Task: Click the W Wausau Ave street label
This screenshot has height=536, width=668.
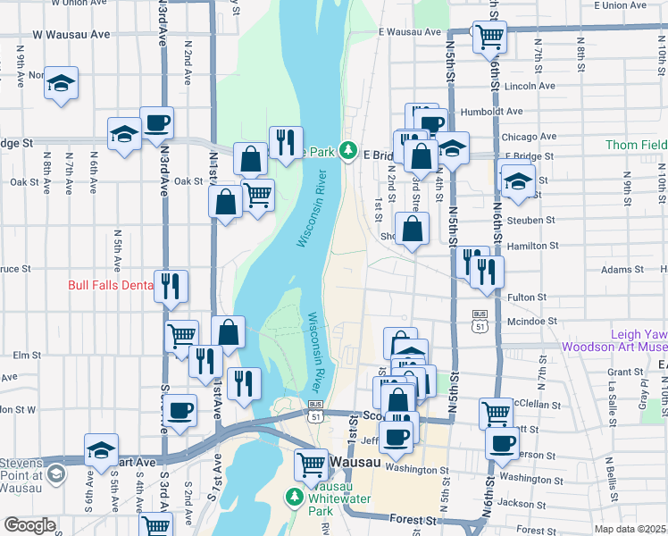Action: pyautogui.click(x=71, y=34)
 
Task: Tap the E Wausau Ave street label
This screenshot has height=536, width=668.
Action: pyautogui.click(x=409, y=32)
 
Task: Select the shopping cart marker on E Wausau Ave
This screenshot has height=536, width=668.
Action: pyautogui.click(x=489, y=37)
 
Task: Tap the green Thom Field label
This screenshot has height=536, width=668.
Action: pyautogui.click(x=636, y=145)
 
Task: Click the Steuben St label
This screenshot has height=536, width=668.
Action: pyautogui.click(x=530, y=220)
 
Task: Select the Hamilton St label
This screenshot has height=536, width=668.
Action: pyautogui.click(x=531, y=245)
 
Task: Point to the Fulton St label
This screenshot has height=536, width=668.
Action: pyautogui.click(x=527, y=297)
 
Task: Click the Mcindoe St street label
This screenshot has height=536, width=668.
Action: pyautogui.click(x=531, y=321)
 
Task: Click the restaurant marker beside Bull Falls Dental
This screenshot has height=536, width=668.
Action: pyautogui.click(x=171, y=287)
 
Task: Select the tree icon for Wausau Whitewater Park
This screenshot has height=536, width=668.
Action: pyautogui.click(x=293, y=496)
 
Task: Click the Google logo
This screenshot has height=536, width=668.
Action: pyautogui.click(x=29, y=525)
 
